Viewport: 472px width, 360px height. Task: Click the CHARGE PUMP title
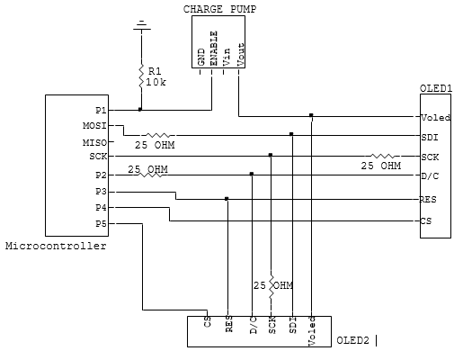(x=219, y=9)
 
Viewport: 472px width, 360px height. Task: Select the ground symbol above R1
(x=142, y=25)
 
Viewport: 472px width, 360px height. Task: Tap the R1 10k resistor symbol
(x=141, y=76)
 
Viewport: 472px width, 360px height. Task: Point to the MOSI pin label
(x=94, y=125)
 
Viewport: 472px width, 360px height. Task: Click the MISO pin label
(x=94, y=142)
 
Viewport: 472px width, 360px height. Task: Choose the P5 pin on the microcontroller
(x=101, y=224)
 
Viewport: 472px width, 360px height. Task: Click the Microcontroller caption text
(x=56, y=246)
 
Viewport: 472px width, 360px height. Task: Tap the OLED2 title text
(x=352, y=340)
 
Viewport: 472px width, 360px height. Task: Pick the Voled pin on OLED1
(x=435, y=117)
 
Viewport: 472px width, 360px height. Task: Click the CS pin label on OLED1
(x=426, y=221)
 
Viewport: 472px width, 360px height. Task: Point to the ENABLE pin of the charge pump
(x=213, y=49)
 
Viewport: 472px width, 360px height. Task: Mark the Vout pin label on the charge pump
(x=241, y=54)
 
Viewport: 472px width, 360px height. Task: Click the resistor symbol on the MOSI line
(x=158, y=135)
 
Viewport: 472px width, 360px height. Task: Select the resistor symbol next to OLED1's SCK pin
(x=383, y=156)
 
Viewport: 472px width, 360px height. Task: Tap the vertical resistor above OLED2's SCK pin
(x=272, y=286)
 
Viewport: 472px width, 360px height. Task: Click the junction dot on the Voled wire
(x=311, y=115)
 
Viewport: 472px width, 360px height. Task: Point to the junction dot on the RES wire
(x=227, y=199)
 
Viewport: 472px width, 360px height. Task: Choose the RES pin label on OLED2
(x=229, y=323)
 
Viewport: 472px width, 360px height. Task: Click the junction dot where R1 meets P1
(x=140, y=110)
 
